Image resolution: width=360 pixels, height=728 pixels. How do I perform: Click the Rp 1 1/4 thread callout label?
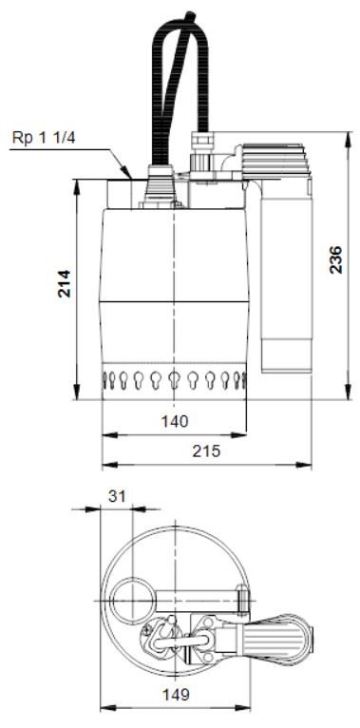click(44, 138)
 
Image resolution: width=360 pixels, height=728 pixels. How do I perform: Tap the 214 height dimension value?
click(65, 283)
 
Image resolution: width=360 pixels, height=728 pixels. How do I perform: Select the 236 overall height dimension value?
click(336, 259)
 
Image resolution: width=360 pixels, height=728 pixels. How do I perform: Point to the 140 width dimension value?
click(175, 422)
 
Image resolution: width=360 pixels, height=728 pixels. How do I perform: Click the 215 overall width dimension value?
click(206, 450)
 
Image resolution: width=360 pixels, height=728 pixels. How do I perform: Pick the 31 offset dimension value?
click(117, 496)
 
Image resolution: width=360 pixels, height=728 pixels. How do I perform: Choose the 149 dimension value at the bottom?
click(176, 695)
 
